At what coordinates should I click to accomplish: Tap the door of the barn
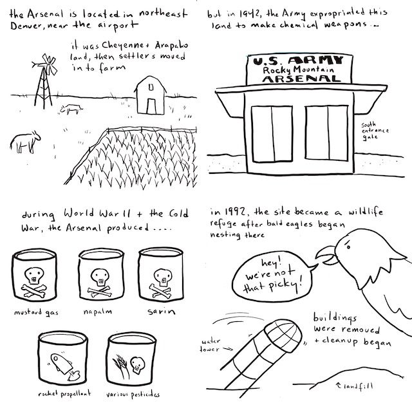pos(151,106)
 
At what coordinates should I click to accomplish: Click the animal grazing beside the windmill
pos(71,109)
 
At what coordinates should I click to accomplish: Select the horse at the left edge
pos(25,142)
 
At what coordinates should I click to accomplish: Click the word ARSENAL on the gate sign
pos(301,79)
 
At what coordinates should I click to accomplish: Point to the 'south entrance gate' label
pos(375,131)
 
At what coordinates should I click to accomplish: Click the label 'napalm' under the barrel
pos(98,312)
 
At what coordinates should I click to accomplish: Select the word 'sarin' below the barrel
pos(162,311)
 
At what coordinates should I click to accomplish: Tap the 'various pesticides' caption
pos(133,394)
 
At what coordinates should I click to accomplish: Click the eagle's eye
pos(348,247)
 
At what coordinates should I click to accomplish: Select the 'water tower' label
pos(211,345)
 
